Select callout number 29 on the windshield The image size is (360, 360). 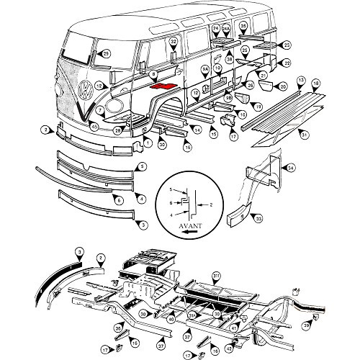tap(106, 53)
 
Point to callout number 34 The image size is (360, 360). tap(291, 168)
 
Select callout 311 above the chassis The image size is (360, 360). tap(217, 275)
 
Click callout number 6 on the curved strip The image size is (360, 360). tap(139, 199)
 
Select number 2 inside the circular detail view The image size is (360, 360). tap(210, 204)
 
